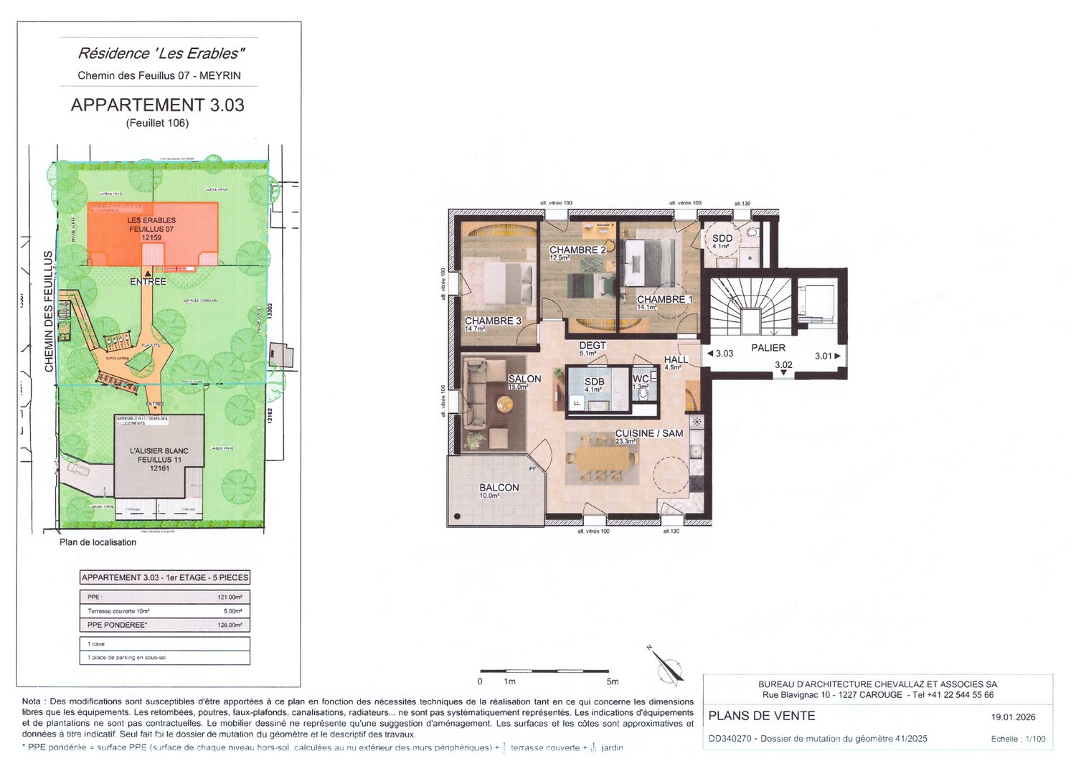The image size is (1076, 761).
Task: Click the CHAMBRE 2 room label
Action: point(577,250)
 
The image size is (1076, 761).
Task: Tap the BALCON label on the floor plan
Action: point(499,488)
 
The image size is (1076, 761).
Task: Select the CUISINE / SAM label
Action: point(648,434)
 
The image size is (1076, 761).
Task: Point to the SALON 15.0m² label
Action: point(524,379)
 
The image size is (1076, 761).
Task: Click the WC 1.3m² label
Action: point(641,379)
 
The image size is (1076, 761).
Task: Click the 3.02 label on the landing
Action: point(783,365)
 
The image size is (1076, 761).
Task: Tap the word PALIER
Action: point(768,348)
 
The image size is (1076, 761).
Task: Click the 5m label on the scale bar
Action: point(612,681)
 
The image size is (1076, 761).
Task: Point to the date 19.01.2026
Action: point(1013,717)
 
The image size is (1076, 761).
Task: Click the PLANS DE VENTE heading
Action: point(761,716)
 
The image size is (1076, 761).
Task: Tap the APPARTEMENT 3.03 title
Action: point(157,105)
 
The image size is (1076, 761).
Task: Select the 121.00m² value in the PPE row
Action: point(230,597)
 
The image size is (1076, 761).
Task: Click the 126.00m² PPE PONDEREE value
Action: point(230,625)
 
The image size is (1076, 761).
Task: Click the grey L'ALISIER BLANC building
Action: point(159,459)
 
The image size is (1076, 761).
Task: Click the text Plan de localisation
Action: point(98,542)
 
